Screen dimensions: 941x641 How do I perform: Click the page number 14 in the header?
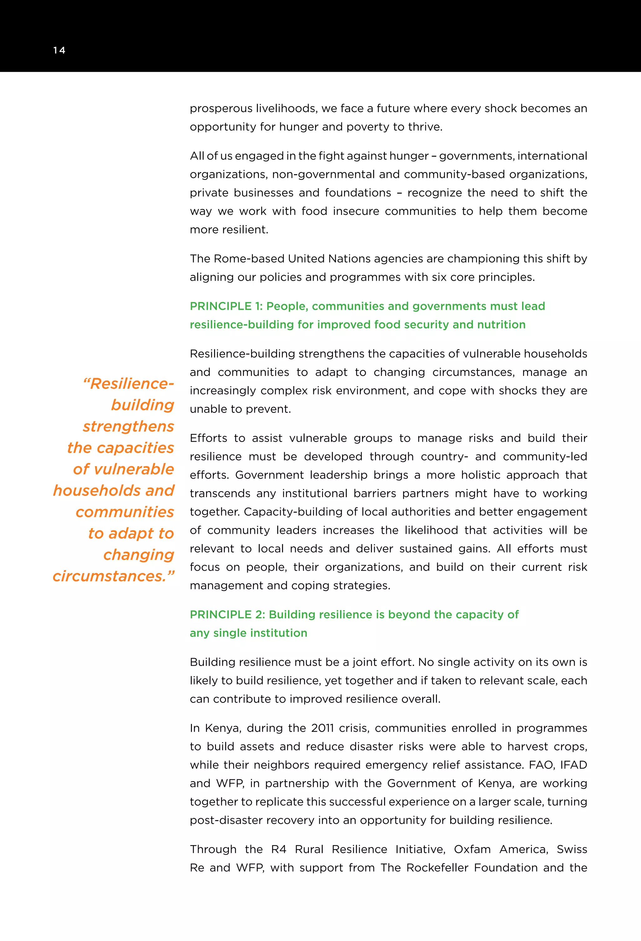point(59,50)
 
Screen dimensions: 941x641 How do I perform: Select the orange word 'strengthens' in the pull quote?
point(128,426)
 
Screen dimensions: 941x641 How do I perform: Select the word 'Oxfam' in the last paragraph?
point(472,849)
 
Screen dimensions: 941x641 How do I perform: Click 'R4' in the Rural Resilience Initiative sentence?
point(279,849)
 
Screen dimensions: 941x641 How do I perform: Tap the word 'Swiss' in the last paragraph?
point(572,849)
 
